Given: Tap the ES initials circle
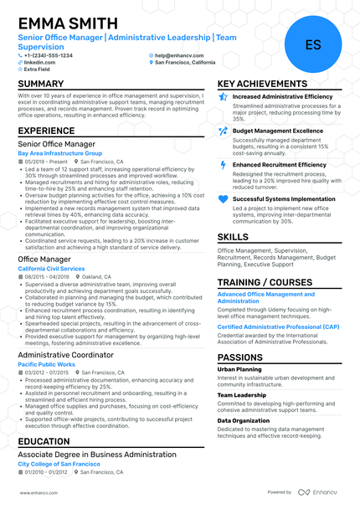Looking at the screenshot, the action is pos(313,44).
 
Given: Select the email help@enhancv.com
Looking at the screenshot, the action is pos(177,55).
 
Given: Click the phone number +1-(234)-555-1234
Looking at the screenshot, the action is pos(48,55).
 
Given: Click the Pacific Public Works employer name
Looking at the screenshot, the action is pos(49,364).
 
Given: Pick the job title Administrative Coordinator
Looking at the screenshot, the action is pos(64,355).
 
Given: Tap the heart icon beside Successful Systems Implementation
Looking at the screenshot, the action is pos(223,198).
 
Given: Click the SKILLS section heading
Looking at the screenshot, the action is pos(234,237).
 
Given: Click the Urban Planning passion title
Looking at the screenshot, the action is pos(239,368).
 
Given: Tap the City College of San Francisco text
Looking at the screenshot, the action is pos(62,462).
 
